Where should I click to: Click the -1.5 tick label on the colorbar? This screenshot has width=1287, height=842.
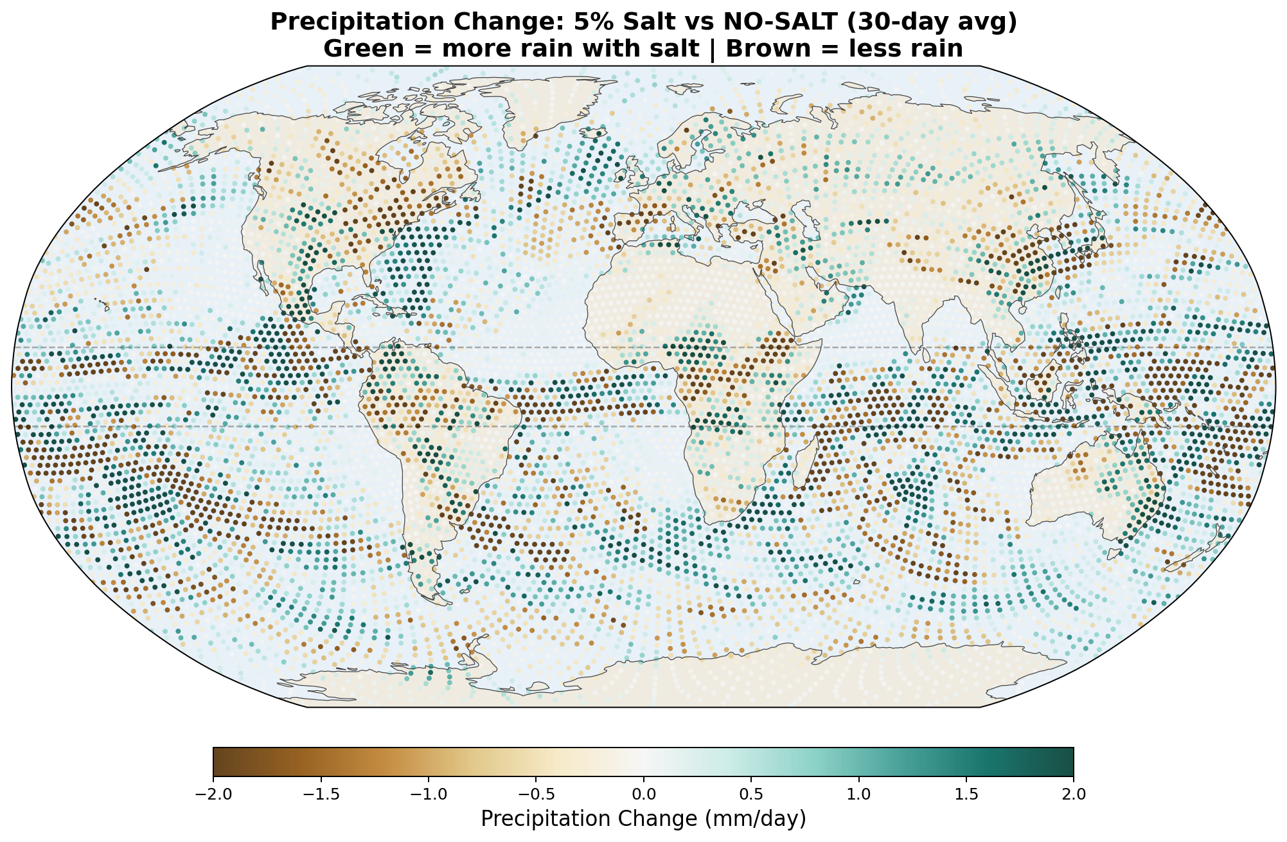pos(321,794)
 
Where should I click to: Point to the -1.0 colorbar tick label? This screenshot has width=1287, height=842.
pos(429,794)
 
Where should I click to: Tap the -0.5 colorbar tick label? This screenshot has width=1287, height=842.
pos(536,794)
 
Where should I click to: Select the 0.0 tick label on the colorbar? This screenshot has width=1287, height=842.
pos(644,794)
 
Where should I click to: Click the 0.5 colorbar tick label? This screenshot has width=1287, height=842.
pos(751,794)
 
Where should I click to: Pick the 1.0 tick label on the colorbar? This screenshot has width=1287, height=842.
pos(859,794)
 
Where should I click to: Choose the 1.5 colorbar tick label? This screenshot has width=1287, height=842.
pos(966,794)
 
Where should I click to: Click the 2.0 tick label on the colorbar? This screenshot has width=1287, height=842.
pos(1074,794)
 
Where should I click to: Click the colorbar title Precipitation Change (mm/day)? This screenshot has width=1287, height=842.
pos(643,819)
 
